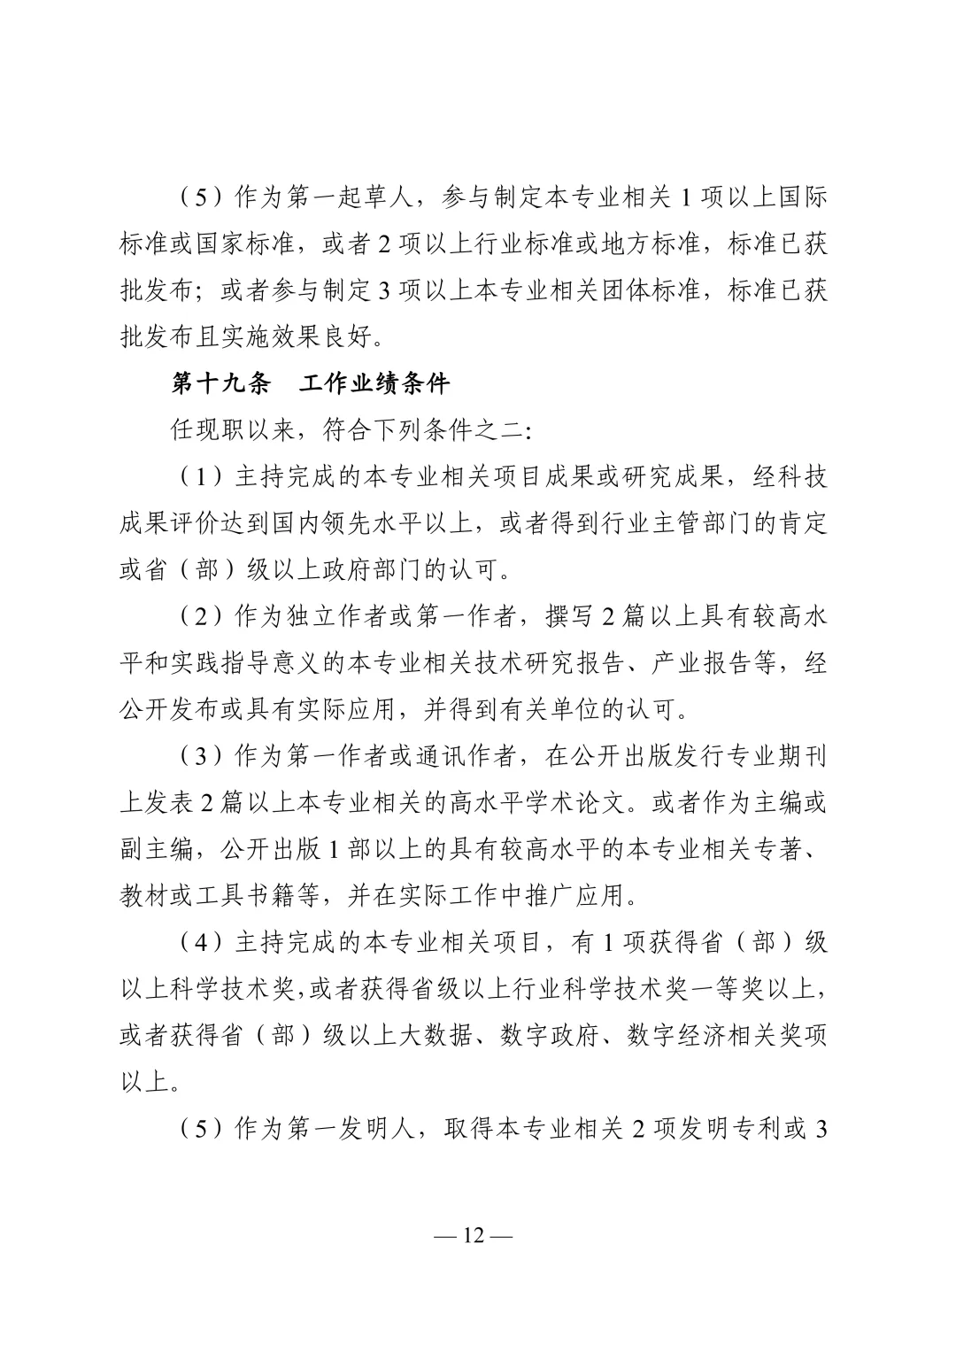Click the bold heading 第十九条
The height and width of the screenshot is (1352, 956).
pos(220,383)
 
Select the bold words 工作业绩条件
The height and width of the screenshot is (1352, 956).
pos(374,383)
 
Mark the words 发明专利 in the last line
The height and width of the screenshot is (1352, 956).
pos(725,1129)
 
